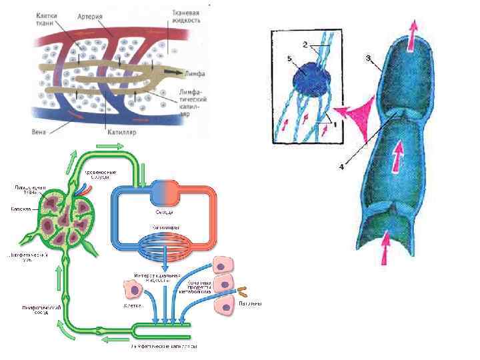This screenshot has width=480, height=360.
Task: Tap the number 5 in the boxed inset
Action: (289, 59)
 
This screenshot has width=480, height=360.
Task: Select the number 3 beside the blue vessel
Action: (368, 59)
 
